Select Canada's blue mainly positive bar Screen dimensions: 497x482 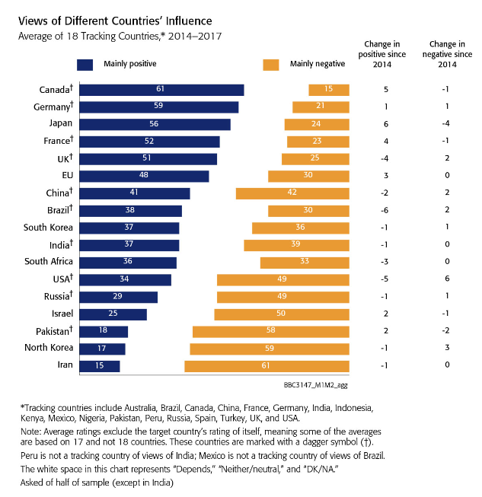point(161,90)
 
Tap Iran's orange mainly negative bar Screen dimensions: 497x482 point(267,366)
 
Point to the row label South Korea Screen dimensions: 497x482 point(48,228)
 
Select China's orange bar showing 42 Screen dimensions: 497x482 point(292,193)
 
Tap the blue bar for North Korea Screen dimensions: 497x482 point(101,349)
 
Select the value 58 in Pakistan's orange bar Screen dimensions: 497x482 point(270,331)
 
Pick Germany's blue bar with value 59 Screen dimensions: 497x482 point(158,107)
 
